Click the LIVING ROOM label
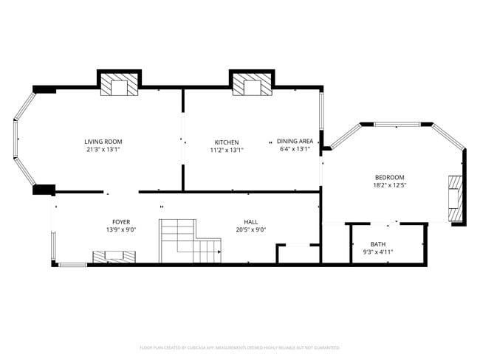[103, 141]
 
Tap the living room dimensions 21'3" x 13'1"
[103, 150]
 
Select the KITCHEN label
[227, 142]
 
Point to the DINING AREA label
[295, 141]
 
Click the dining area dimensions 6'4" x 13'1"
[295, 150]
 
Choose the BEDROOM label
[389, 177]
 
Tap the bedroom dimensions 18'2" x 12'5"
[389, 185]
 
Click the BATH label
[378, 244]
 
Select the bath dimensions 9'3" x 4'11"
[378, 252]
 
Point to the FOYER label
[121, 221]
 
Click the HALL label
[251, 221]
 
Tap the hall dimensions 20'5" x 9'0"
[251, 229]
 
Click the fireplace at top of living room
[119, 85]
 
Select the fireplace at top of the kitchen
[251, 85]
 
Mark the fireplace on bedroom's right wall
[456, 198]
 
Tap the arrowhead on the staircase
[219, 252]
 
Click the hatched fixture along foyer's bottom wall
[114, 257]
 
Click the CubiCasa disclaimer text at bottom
[239, 347]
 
